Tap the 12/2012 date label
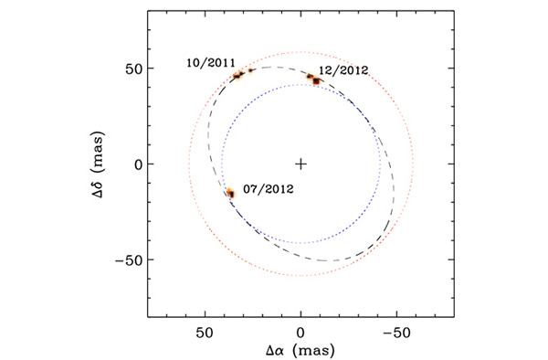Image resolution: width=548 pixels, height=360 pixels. coord(342,69)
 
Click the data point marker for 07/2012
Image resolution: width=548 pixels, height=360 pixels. coord(231,193)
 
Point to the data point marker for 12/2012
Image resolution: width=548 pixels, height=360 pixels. coord(316,80)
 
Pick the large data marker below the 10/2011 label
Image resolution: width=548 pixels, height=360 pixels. coord(237,75)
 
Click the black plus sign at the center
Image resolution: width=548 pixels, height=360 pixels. coord(301,164)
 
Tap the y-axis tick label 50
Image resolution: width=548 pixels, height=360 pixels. coord(131,69)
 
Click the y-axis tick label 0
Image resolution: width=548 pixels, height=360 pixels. coord(135,164)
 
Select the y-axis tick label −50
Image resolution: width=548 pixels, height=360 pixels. coord(127,259)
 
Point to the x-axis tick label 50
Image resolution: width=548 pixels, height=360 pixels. coord(205,331)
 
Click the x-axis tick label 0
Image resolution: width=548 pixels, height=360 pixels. coord(301,331)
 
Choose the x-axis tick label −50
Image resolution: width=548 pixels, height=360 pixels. coord(395,331)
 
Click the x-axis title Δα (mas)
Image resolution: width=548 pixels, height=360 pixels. coord(301,350)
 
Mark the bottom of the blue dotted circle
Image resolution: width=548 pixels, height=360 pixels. coord(301,243)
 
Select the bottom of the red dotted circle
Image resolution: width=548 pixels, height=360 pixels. coord(301,276)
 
